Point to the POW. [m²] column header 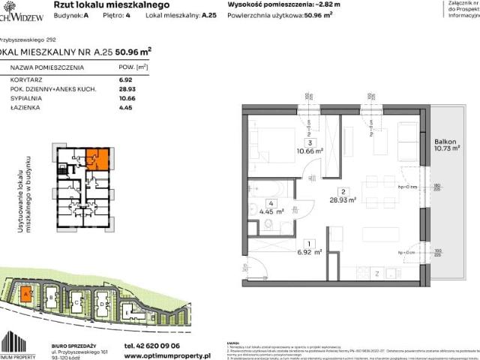(x=130, y=67)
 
